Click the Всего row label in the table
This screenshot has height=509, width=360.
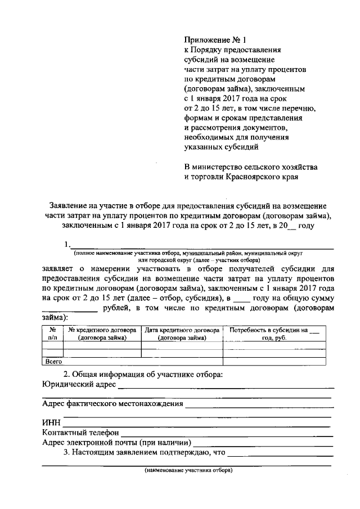click(x=53, y=362)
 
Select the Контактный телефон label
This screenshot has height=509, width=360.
click(x=80, y=433)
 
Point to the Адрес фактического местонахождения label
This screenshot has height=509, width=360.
click(x=112, y=404)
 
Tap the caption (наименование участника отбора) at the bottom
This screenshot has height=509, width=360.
click(x=188, y=470)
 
